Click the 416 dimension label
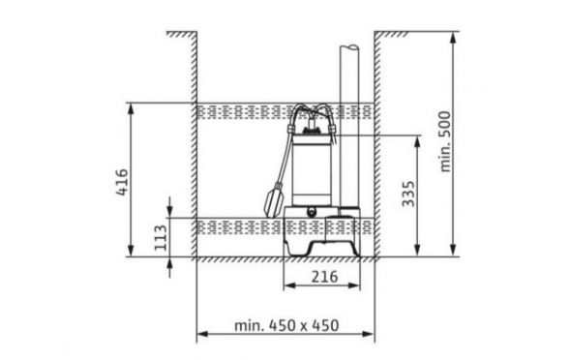point(122,182)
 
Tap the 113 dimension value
point(161,238)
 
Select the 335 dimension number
point(408,194)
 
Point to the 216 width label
point(324,277)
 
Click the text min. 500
point(445,141)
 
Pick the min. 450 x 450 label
point(286,325)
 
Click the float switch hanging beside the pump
point(274,200)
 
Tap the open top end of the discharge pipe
point(349,47)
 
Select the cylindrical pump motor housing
point(312,169)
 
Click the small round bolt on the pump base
point(312,212)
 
